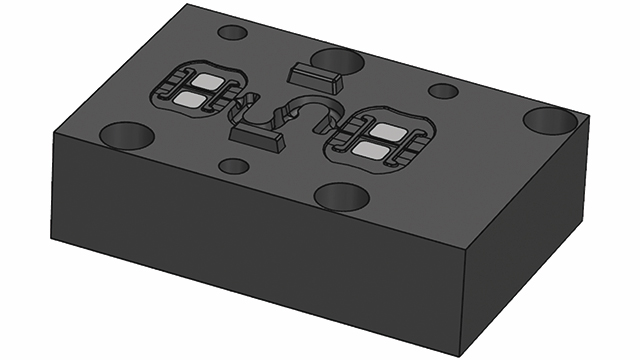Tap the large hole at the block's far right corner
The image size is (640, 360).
(x=551, y=120)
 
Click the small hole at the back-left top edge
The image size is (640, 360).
(x=232, y=32)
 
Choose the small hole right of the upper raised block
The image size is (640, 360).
(x=443, y=91)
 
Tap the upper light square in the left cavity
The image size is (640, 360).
(x=209, y=79)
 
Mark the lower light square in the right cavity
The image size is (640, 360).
(x=369, y=151)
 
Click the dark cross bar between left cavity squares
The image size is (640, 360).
(x=199, y=89)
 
